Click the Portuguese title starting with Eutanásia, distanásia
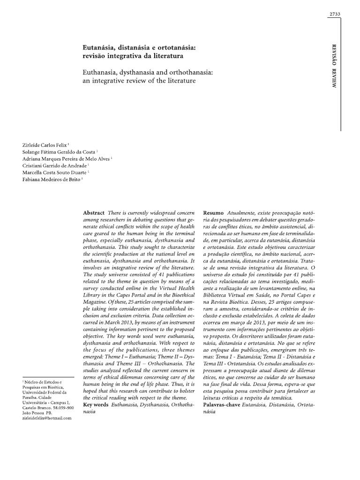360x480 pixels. (136, 52)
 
